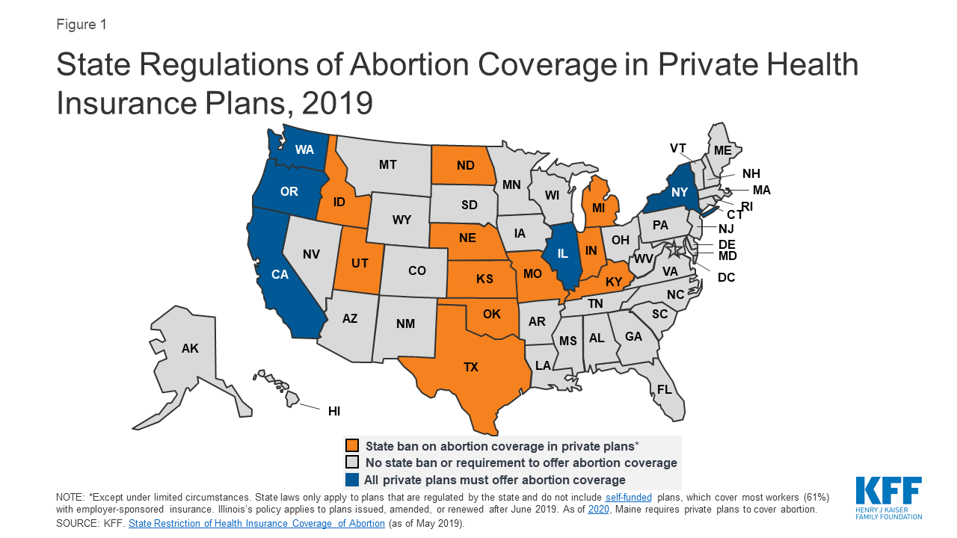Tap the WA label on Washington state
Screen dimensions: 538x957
coord(304,149)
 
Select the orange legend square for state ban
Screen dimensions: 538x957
coord(351,445)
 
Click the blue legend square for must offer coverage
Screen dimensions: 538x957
coord(351,480)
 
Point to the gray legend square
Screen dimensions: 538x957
coord(351,463)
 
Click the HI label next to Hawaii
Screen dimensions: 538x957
coord(334,410)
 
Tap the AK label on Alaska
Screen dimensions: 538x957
coord(190,348)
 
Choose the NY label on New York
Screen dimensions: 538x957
coord(678,191)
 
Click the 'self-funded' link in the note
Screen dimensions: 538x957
coord(629,497)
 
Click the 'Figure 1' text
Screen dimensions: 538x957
coord(81,24)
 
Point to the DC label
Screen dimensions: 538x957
coord(726,277)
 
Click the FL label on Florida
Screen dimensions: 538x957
coord(664,389)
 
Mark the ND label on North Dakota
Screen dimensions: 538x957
coord(466,165)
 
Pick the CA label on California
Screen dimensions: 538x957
coord(280,274)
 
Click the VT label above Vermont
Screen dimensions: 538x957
coord(678,148)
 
